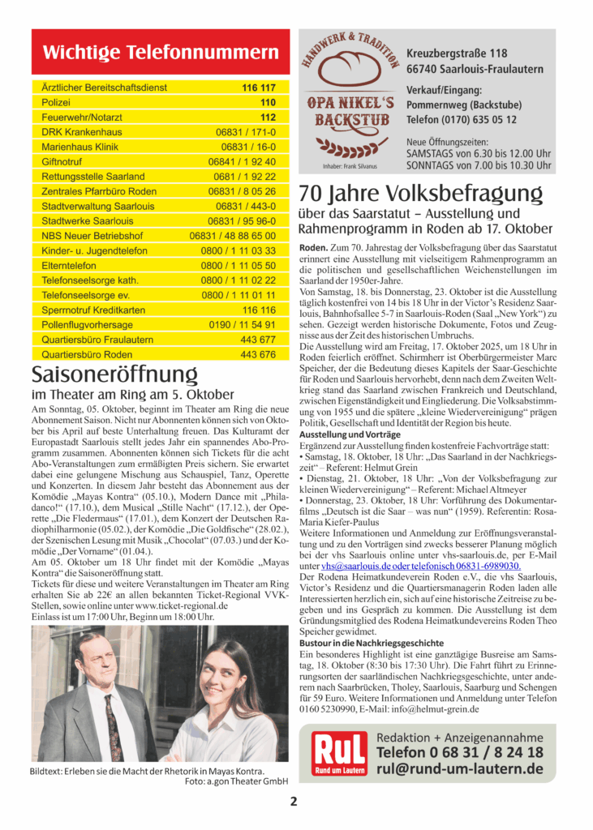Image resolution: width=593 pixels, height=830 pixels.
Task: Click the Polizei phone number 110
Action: tap(268, 102)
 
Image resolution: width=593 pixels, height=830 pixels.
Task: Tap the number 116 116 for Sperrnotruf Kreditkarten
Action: tap(259, 310)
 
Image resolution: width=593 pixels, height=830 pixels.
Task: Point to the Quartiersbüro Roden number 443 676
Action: tap(258, 354)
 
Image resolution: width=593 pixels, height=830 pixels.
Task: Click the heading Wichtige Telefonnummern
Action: tap(160, 53)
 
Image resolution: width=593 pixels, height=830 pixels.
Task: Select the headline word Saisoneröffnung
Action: tap(114, 374)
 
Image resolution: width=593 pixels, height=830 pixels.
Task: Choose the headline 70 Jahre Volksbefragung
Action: tap(420, 195)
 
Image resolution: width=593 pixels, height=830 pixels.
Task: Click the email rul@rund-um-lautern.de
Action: tap(460, 768)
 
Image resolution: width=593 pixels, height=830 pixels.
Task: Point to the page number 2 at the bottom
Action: tap(294, 802)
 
